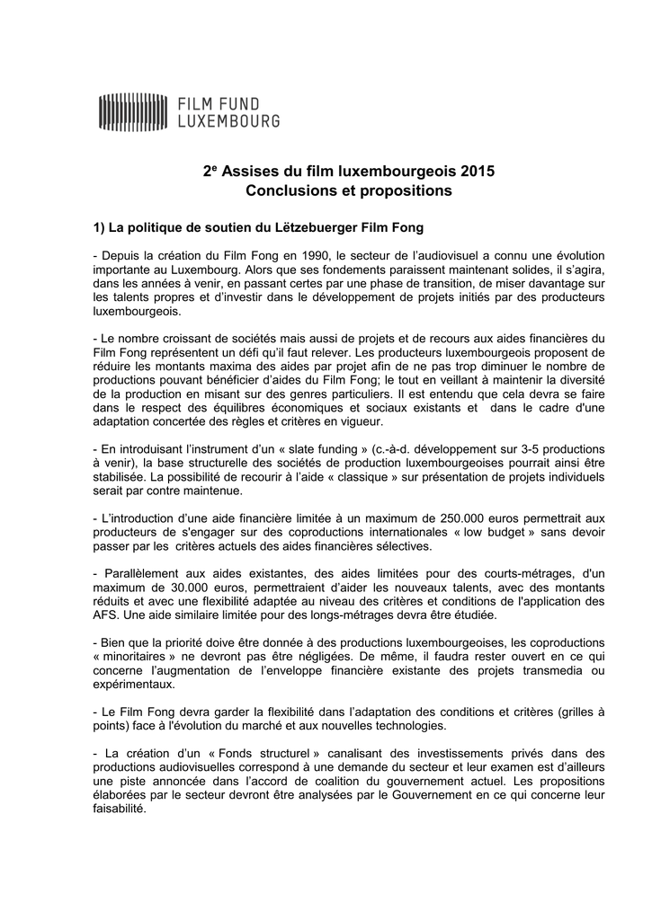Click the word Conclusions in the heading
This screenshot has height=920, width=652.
pyautogui.click(x=286, y=190)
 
